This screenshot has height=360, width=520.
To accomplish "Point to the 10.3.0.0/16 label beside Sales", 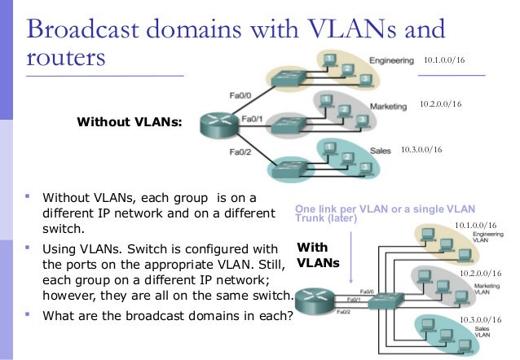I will pyautogui.click(x=422, y=150).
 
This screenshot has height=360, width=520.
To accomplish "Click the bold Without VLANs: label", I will pyautogui.click(x=129, y=122).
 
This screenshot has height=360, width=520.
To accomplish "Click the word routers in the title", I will pyautogui.click(x=66, y=59).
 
